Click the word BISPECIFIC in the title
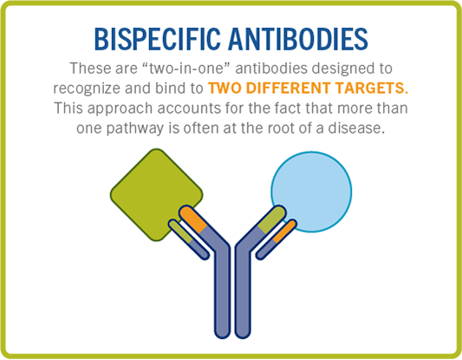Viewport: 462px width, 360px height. (x=158, y=39)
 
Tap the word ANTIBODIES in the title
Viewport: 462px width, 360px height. (x=298, y=39)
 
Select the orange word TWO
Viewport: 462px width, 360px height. (x=224, y=88)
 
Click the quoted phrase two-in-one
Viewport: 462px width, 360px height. (x=186, y=69)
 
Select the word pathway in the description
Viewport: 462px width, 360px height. (x=134, y=128)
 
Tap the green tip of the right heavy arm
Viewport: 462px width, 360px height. (x=272, y=219)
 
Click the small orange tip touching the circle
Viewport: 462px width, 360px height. (x=285, y=231)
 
